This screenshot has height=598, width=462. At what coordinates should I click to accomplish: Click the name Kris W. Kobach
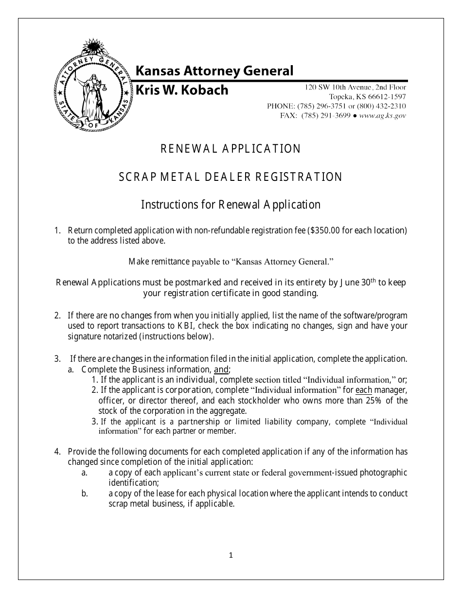(x=181, y=90)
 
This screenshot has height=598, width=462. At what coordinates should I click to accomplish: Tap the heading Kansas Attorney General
(x=214, y=71)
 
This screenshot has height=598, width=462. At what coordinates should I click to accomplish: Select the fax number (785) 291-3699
(x=326, y=116)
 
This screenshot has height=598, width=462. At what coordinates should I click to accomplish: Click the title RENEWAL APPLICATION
(x=231, y=149)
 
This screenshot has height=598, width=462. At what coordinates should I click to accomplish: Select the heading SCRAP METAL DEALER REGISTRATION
(x=231, y=177)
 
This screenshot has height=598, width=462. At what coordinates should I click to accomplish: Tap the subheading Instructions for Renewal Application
(x=231, y=205)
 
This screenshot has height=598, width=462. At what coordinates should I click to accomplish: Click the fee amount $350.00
(x=324, y=230)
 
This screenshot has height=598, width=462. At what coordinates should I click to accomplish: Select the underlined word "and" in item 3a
(x=221, y=369)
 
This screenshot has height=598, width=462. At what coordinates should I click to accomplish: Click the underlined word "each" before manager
(x=364, y=390)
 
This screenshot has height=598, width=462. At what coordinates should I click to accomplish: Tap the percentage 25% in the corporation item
(x=372, y=401)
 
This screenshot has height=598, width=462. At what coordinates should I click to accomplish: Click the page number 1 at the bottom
(x=231, y=555)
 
